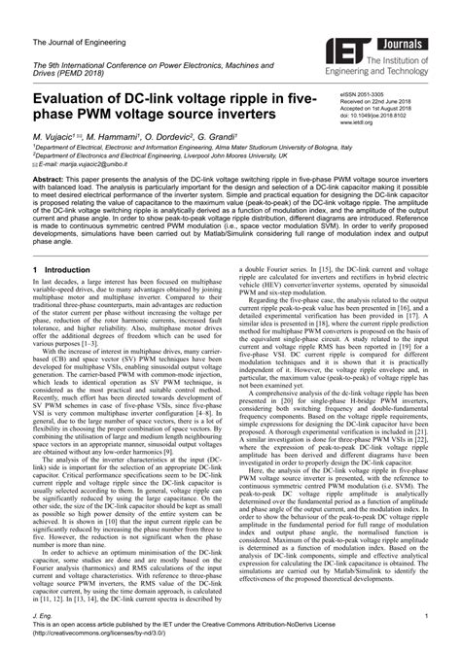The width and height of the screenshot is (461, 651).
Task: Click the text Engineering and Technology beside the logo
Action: [404, 70]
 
